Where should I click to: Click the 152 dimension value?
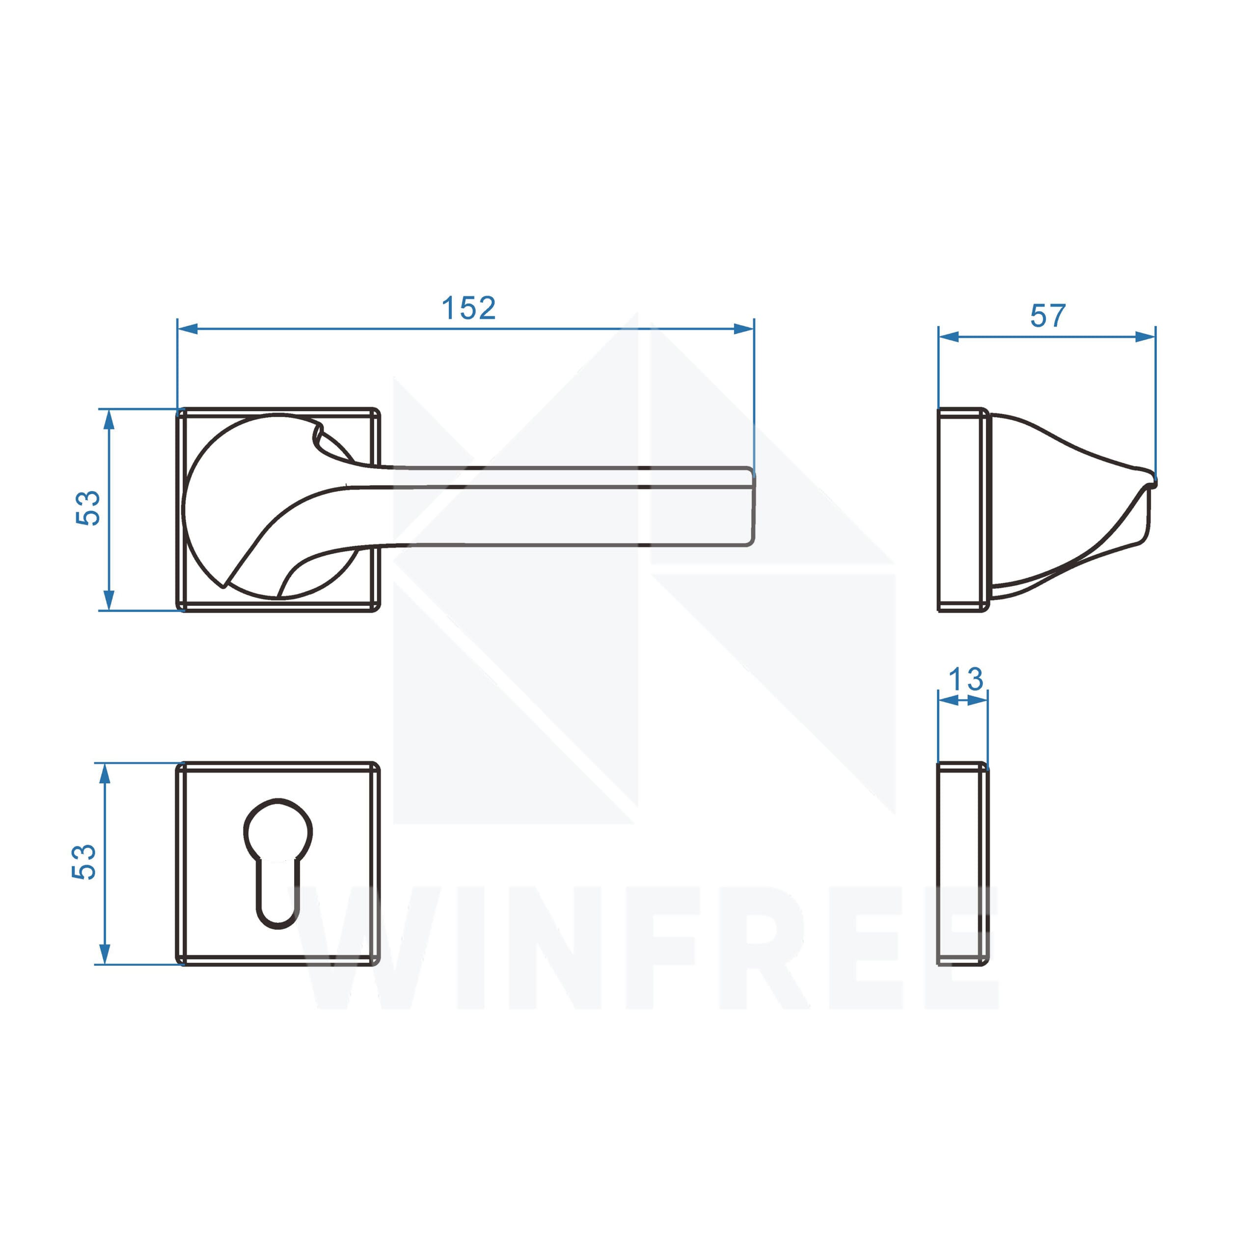468,308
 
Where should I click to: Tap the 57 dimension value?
1047,316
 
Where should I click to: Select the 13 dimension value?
965,680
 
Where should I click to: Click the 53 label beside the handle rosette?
88,508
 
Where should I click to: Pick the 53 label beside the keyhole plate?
84,862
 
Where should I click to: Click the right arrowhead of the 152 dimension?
744,329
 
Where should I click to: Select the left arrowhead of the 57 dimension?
949,336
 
